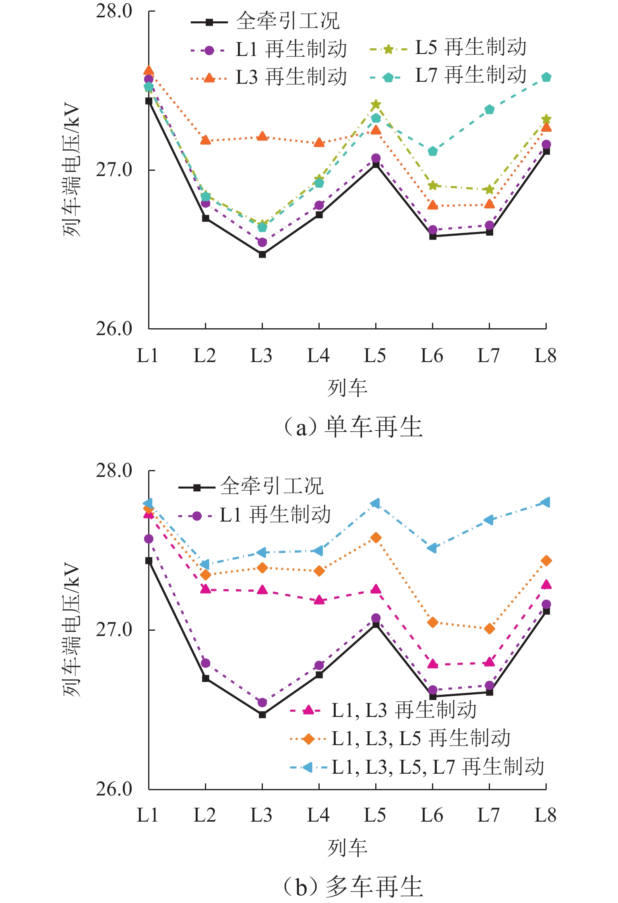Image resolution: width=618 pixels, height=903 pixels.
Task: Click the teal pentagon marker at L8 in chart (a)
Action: tap(546, 77)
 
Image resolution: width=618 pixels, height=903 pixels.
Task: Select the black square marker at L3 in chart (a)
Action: tap(262, 254)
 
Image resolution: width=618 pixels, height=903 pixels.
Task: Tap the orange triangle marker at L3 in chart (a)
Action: tap(262, 136)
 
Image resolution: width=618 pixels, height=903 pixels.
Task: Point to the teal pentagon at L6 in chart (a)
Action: tap(432, 151)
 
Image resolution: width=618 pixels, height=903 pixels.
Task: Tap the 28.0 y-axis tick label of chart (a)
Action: tap(114, 11)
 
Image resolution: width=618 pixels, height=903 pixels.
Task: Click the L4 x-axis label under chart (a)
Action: tap(318, 356)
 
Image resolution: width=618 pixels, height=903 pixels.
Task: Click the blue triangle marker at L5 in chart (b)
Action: tap(375, 503)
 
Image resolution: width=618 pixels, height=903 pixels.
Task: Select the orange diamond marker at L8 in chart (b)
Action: tap(546, 561)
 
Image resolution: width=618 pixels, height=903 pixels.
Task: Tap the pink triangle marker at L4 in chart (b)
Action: tap(319, 600)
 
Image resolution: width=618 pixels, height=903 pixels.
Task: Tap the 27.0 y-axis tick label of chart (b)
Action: tap(114, 630)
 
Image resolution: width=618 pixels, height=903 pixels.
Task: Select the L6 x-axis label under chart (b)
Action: tap(432, 816)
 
